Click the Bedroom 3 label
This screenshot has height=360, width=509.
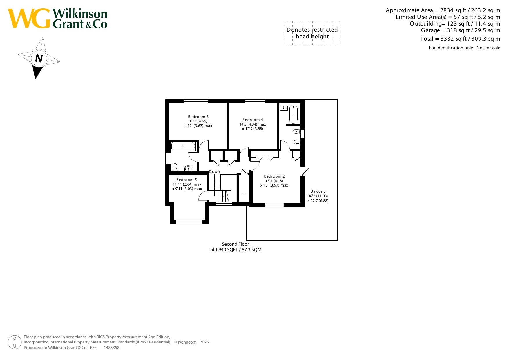[198, 117]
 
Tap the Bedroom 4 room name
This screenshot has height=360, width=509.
[253, 120]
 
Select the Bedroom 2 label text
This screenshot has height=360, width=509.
[274, 176]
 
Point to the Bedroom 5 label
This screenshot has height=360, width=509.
[186, 180]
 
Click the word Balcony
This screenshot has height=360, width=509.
[318, 191]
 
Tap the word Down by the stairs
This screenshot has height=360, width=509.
[215, 172]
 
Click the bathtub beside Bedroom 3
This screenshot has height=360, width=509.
[183, 146]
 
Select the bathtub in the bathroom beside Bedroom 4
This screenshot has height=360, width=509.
[293, 115]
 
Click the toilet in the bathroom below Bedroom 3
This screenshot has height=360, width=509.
[175, 167]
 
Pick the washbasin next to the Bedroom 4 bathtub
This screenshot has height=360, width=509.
[283, 108]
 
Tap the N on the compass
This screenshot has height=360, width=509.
[39, 59]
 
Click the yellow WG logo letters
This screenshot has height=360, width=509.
[29, 19]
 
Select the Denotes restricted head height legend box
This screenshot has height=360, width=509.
[312, 33]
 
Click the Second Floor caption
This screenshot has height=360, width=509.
[236, 244]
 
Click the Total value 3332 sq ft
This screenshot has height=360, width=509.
[454, 39]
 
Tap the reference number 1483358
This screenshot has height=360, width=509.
[112, 348]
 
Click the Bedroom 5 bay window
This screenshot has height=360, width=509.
[189, 222]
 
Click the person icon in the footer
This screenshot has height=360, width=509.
[15, 342]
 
